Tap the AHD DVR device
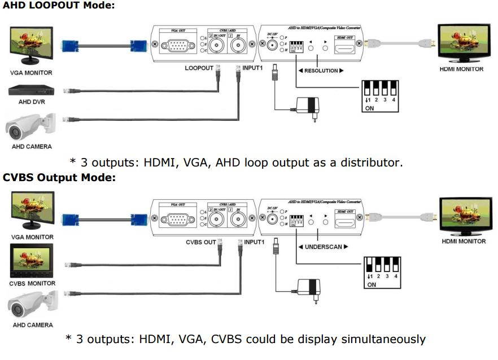tap(32, 90)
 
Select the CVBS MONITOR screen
tap(32, 260)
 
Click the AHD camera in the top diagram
tap(31, 127)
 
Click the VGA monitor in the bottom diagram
tap(32, 212)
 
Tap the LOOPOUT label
tap(199, 68)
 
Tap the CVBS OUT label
tap(202, 242)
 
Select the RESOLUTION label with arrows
tap(321, 71)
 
